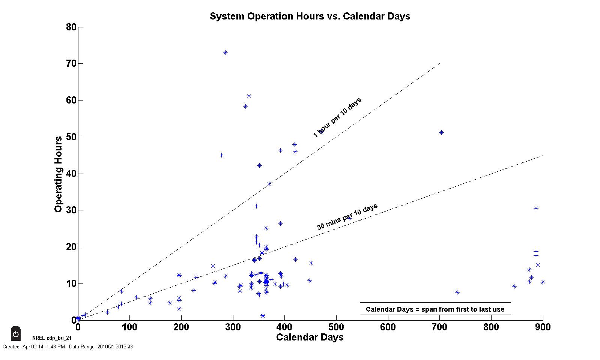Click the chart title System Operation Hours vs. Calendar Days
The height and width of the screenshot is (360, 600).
(310, 16)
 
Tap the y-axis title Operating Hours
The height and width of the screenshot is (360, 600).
(58, 174)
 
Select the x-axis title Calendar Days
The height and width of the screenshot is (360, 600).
(310, 337)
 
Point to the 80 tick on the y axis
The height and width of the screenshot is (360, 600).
(71, 27)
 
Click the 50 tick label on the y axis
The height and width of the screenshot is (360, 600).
(71, 137)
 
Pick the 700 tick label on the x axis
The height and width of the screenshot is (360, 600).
(439, 327)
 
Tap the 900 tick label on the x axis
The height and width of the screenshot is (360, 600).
(543, 327)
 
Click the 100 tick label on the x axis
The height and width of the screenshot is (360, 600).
(129, 327)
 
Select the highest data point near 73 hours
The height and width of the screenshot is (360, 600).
(225, 53)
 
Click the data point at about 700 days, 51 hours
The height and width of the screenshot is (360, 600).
(441, 133)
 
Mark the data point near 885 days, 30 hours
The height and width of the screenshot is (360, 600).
(536, 208)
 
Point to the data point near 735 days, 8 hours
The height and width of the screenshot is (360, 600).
(457, 292)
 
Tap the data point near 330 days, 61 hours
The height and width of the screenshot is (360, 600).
(249, 96)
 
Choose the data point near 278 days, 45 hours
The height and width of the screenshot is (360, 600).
(221, 155)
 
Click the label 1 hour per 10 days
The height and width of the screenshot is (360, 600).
(337, 117)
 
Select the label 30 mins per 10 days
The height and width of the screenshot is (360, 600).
(347, 217)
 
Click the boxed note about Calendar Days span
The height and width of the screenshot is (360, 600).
(435, 309)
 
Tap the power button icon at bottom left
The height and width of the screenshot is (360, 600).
(16, 333)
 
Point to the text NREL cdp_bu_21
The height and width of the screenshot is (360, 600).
(52, 338)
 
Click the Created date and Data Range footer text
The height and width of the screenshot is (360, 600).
(68, 347)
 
